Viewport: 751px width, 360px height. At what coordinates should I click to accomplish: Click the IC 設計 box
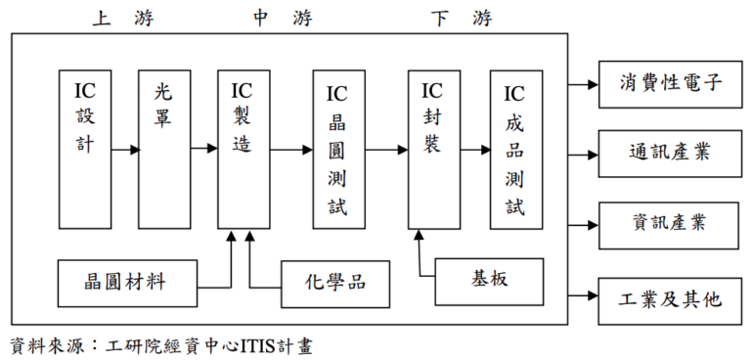pos(85,149)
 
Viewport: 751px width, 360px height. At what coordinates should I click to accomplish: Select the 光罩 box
pos(163,149)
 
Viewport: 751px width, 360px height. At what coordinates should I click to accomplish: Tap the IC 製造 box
pos(243,149)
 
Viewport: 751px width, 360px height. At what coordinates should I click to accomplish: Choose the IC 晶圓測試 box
pos(337,149)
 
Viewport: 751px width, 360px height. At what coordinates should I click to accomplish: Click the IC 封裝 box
pos(433,149)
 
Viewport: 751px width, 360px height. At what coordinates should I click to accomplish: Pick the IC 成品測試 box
pos(515,149)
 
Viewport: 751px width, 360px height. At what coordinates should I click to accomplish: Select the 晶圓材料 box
pos(127,282)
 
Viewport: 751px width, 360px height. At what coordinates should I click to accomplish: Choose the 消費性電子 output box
pos(670,81)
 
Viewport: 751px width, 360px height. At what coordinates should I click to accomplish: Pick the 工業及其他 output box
pos(670,298)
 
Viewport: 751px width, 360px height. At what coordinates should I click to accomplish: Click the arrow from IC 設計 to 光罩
pos(125,150)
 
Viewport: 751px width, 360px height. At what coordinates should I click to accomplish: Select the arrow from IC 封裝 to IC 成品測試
pos(475,150)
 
